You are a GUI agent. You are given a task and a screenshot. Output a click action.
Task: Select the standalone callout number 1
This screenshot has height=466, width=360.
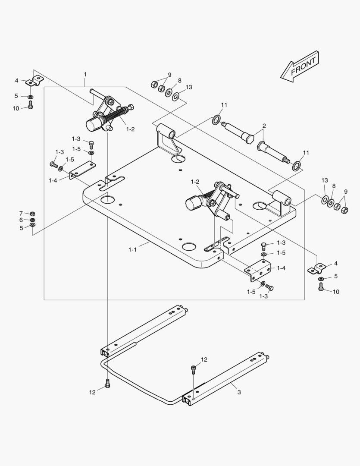coord(85,75)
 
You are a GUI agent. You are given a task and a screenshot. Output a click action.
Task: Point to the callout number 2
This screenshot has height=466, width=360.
coord(264,126)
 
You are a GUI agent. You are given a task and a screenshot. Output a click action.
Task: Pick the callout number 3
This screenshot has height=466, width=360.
coord(239,392)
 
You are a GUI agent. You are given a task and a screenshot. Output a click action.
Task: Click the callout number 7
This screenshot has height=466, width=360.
coord(21,213)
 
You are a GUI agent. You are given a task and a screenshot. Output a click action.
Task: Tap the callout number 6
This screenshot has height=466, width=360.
coord(21,220)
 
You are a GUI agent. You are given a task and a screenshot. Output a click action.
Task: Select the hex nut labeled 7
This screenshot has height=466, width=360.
coord(32,214)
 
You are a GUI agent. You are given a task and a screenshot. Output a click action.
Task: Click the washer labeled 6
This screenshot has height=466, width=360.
coord(32,220)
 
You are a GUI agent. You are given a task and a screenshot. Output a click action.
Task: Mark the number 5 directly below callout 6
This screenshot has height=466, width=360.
coord(21,227)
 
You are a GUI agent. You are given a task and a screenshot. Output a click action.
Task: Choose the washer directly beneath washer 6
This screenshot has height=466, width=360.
coord(32,225)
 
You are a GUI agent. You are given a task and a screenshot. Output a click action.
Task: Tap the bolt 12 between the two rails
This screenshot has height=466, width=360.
coord(194,370)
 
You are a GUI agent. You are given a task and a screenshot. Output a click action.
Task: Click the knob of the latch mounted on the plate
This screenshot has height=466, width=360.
coord(192,202)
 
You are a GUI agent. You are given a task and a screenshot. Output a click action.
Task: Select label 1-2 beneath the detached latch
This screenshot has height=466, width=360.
coord(130,129)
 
